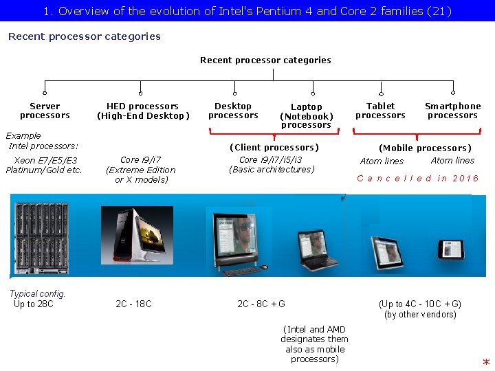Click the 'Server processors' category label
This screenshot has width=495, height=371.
[45, 111]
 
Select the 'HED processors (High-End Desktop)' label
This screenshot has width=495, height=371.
[142, 111]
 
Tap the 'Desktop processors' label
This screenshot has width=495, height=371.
[233, 111]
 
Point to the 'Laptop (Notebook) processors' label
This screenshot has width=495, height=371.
[306, 115]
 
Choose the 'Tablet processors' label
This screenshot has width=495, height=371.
[380, 111]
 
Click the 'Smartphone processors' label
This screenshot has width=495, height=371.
[452, 111]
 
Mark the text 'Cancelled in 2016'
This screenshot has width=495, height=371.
[418, 178]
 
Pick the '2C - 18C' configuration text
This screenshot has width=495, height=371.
[133, 304]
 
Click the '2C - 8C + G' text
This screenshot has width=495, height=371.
[261, 304]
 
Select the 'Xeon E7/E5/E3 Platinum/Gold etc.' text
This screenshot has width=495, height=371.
[44, 166]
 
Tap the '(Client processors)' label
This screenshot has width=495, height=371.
[274, 147]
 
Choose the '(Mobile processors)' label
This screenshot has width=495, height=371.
[425, 148]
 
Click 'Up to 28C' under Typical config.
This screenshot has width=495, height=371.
[34, 304]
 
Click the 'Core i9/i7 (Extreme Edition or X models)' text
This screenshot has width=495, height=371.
[141, 170]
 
